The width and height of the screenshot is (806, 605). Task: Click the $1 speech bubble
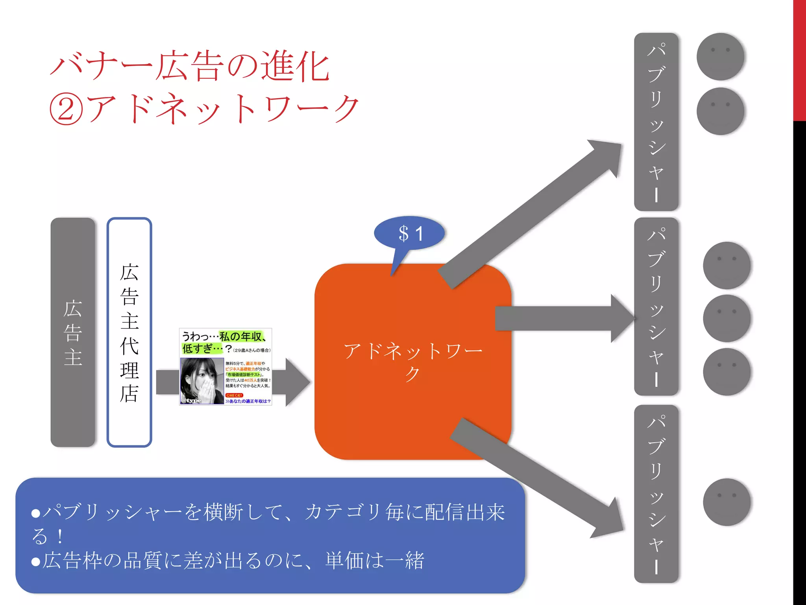click(410, 234)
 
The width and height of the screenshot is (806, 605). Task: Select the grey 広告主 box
click(73, 332)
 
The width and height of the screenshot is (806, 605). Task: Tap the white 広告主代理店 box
click(129, 332)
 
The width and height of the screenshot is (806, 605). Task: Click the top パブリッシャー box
click(656, 122)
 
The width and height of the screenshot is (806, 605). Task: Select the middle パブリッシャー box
click(656, 306)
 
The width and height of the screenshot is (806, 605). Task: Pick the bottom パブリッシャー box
click(656, 494)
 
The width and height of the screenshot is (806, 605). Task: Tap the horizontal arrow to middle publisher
click(563, 318)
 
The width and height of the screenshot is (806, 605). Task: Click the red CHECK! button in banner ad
click(234, 395)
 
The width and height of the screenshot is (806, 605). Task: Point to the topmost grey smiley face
click(720, 56)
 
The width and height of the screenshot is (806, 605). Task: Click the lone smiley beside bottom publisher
click(727, 502)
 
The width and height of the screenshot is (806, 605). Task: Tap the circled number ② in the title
click(66, 109)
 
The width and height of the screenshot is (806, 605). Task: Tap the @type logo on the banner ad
click(192, 400)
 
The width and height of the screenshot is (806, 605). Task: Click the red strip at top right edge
click(799, 59)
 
